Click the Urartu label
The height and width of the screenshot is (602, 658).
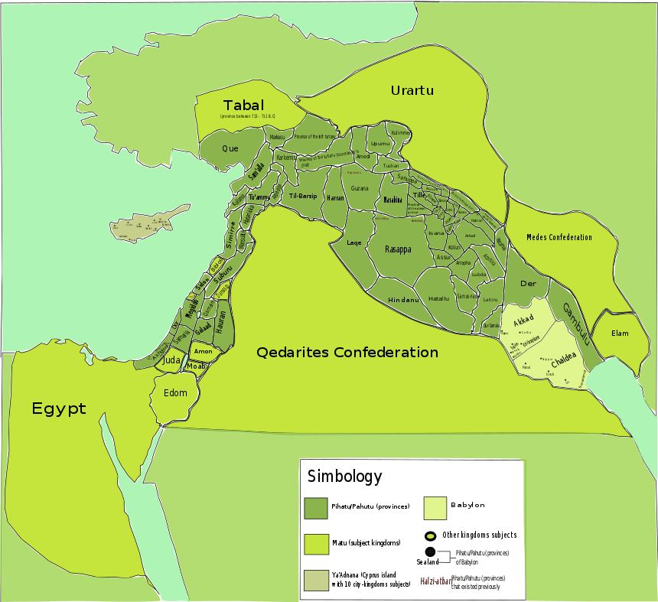point(412,90)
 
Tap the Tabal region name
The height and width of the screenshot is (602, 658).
point(243,105)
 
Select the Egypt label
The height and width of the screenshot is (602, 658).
point(59,408)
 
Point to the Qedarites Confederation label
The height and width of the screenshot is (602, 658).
point(347,353)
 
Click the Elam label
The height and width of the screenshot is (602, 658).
point(621,333)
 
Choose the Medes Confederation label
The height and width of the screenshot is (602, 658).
point(559,237)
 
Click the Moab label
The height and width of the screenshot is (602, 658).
point(196,366)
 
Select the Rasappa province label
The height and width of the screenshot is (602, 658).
point(398,249)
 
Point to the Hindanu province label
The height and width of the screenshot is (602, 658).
point(404,300)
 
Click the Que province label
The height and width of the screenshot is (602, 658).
point(230,148)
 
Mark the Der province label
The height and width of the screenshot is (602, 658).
point(528,283)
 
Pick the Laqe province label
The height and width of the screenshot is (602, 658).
point(353,242)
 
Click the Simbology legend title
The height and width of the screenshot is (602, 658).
point(344,477)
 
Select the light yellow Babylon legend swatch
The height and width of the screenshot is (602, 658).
point(435,508)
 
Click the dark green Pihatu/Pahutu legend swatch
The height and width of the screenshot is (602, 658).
point(315,508)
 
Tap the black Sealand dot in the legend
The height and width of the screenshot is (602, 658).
point(430,552)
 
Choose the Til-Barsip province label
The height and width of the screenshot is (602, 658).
point(303,196)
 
